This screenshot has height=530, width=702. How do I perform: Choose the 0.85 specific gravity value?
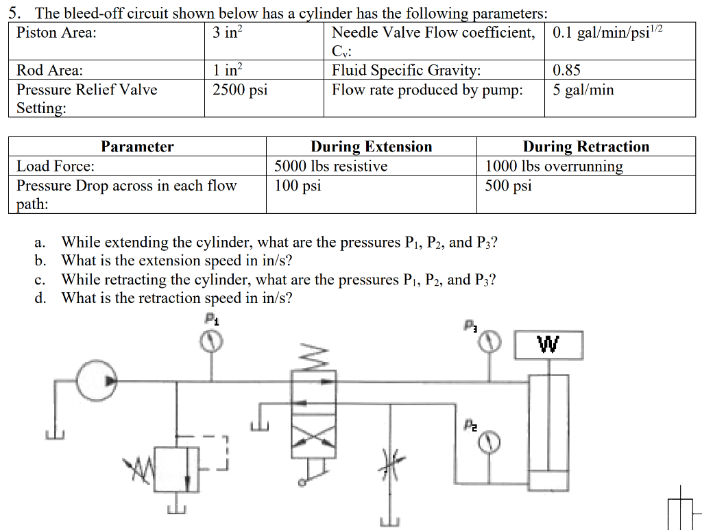point(567,71)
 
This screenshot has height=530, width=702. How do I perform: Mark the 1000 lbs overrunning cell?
point(554,166)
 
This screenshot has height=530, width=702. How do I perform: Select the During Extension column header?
point(371,147)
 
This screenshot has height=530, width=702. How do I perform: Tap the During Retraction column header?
point(585,147)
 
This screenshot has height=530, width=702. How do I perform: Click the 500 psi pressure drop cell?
point(508,186)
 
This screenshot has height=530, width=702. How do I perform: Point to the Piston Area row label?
point(56,32)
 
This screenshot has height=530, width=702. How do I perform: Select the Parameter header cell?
point(137,147)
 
